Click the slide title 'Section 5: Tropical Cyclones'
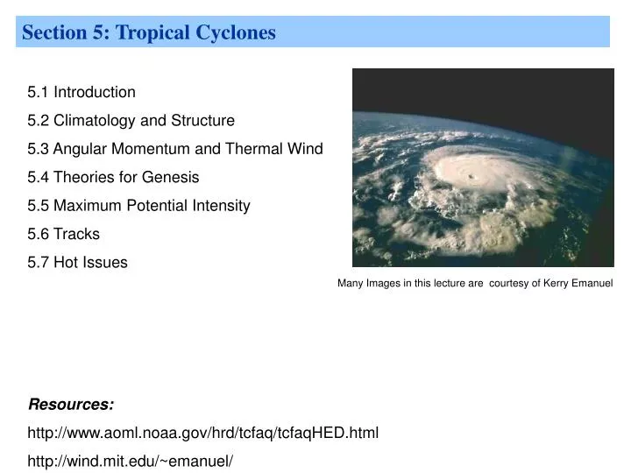pos(149,33)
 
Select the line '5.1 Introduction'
pos(82,92)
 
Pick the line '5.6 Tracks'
pos(64,234)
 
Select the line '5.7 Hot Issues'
pos(77,262)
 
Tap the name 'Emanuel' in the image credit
pos(590,283)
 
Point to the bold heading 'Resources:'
pos(71,404)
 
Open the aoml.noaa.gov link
pos(203,433)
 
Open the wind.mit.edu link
pos(131,461)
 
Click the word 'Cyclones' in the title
pos(236,33)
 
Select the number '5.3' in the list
pos(39,149)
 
